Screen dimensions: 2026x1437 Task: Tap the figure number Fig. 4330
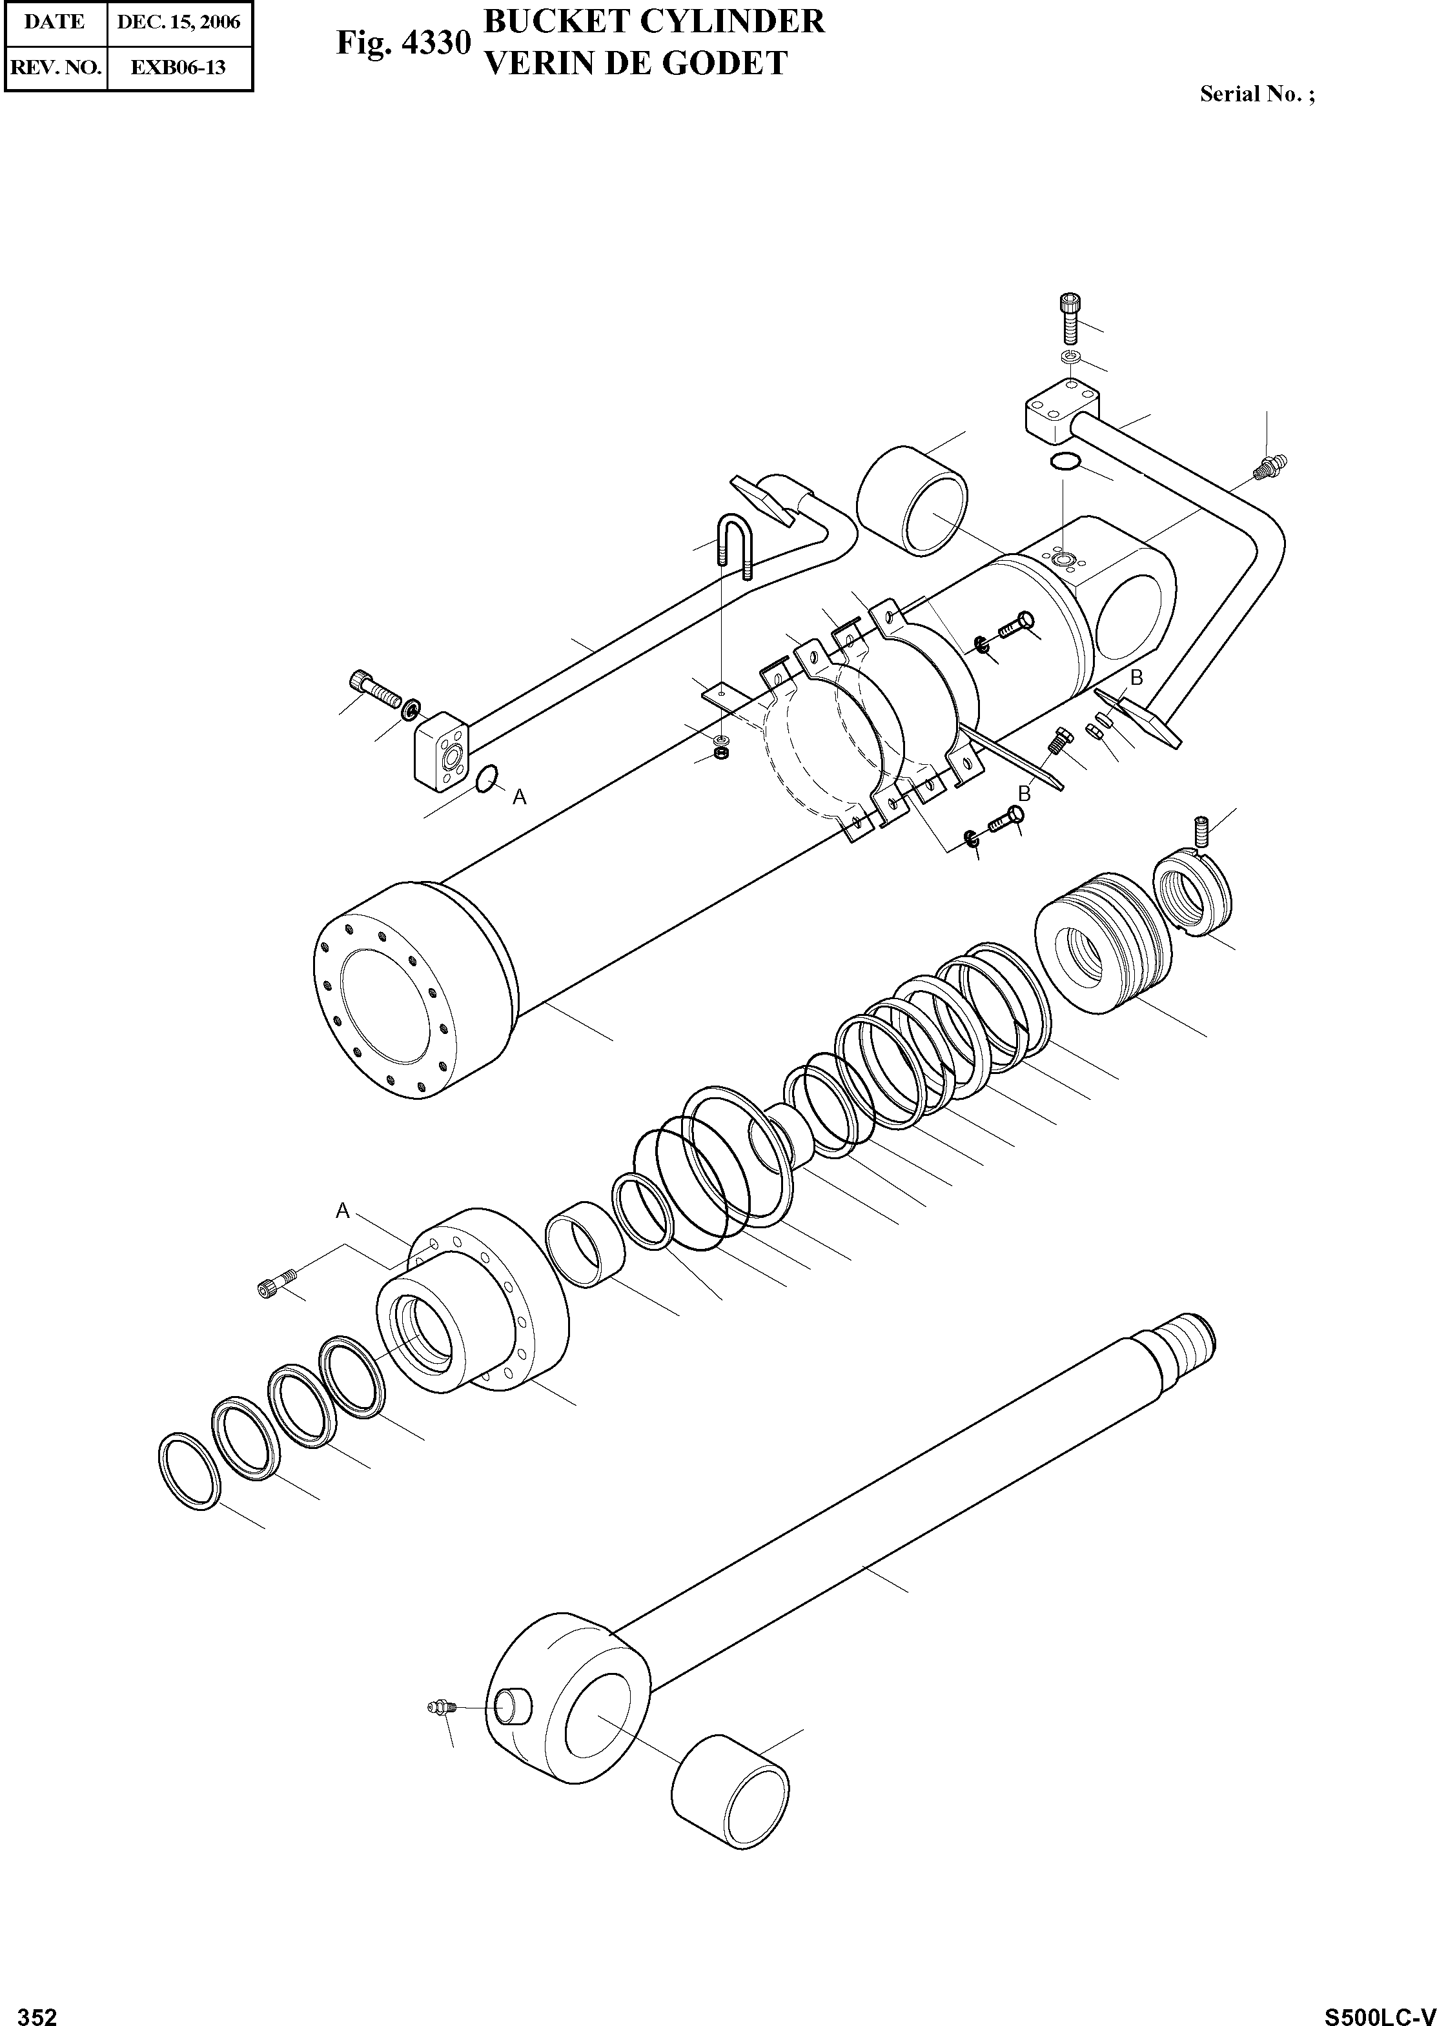point(403,43)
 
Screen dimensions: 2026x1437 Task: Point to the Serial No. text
point(1256,94)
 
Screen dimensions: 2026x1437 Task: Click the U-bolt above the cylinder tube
point(735,543)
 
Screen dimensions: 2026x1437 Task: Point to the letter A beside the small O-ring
point(520,798)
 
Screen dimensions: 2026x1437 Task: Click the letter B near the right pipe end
point(1137,678)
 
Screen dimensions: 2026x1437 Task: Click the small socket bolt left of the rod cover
point(275,1284)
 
